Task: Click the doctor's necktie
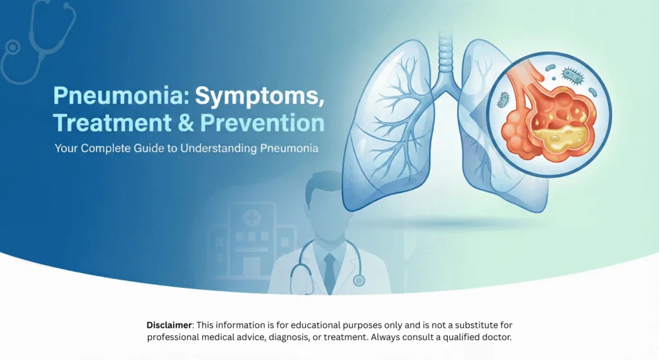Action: [329, 271]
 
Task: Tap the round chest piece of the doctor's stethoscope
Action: [358, 280]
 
